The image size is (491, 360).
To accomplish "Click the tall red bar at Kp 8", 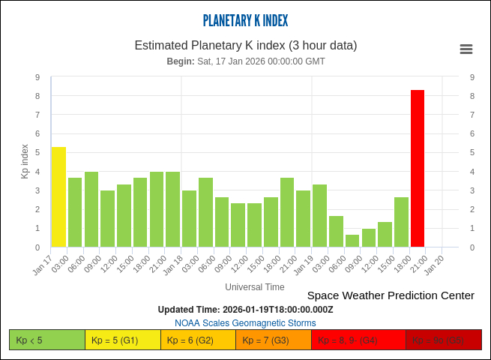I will click(418, 169).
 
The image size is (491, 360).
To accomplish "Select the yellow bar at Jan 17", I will click(59, 197).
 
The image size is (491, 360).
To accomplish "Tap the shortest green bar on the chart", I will click(352, 241).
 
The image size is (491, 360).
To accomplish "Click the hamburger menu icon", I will click(466, 49).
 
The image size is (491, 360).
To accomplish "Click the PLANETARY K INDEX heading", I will click(245, 21).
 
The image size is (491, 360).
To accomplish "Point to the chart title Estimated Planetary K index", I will click(245, 45).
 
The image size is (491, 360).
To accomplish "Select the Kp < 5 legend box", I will click(47, 340).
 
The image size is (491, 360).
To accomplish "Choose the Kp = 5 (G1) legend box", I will click(123, 340).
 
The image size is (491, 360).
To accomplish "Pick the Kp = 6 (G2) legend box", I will click(198, 340).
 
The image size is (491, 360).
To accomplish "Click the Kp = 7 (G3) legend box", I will click(274, 340).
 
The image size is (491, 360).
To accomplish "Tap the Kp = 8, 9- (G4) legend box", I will click(358, 340).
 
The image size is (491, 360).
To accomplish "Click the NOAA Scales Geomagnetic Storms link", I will click(245, 323).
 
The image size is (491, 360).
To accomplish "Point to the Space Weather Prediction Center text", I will click(391, 295).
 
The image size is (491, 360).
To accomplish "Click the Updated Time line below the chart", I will click(245, 310).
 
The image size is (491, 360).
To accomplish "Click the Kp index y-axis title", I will click(25, 161).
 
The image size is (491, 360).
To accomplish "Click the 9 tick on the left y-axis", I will click(37, 77).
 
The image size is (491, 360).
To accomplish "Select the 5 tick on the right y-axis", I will click(472, 153).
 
